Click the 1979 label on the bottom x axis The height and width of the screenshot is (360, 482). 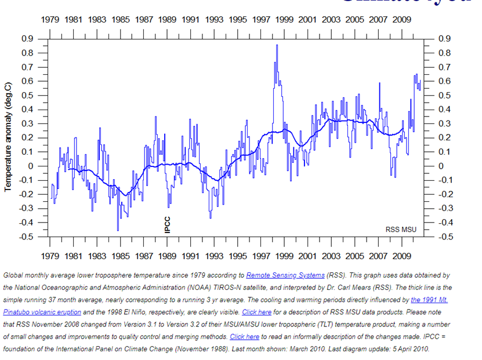[50, 256]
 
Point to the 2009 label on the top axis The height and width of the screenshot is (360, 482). [402, 19]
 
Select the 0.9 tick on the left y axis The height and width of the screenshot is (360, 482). [27, 39]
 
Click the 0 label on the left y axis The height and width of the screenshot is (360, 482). [32, 166]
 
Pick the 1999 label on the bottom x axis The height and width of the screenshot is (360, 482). [284, 256]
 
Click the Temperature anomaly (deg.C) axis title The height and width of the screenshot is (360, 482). [8, 137]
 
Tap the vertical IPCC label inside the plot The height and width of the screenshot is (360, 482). [168, 224]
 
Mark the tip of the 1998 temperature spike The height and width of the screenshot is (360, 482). [277, 45]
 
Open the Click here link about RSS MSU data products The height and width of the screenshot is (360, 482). [256, 312]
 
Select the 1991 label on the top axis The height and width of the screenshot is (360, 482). [191, 19]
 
